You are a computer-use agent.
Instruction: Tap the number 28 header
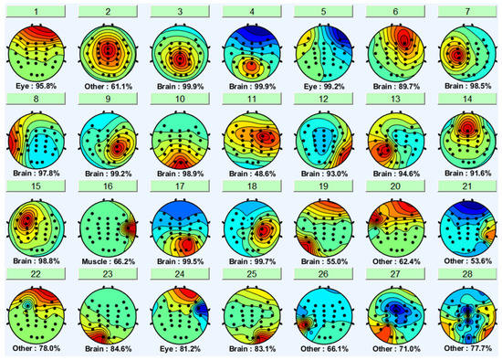(464, 274)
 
